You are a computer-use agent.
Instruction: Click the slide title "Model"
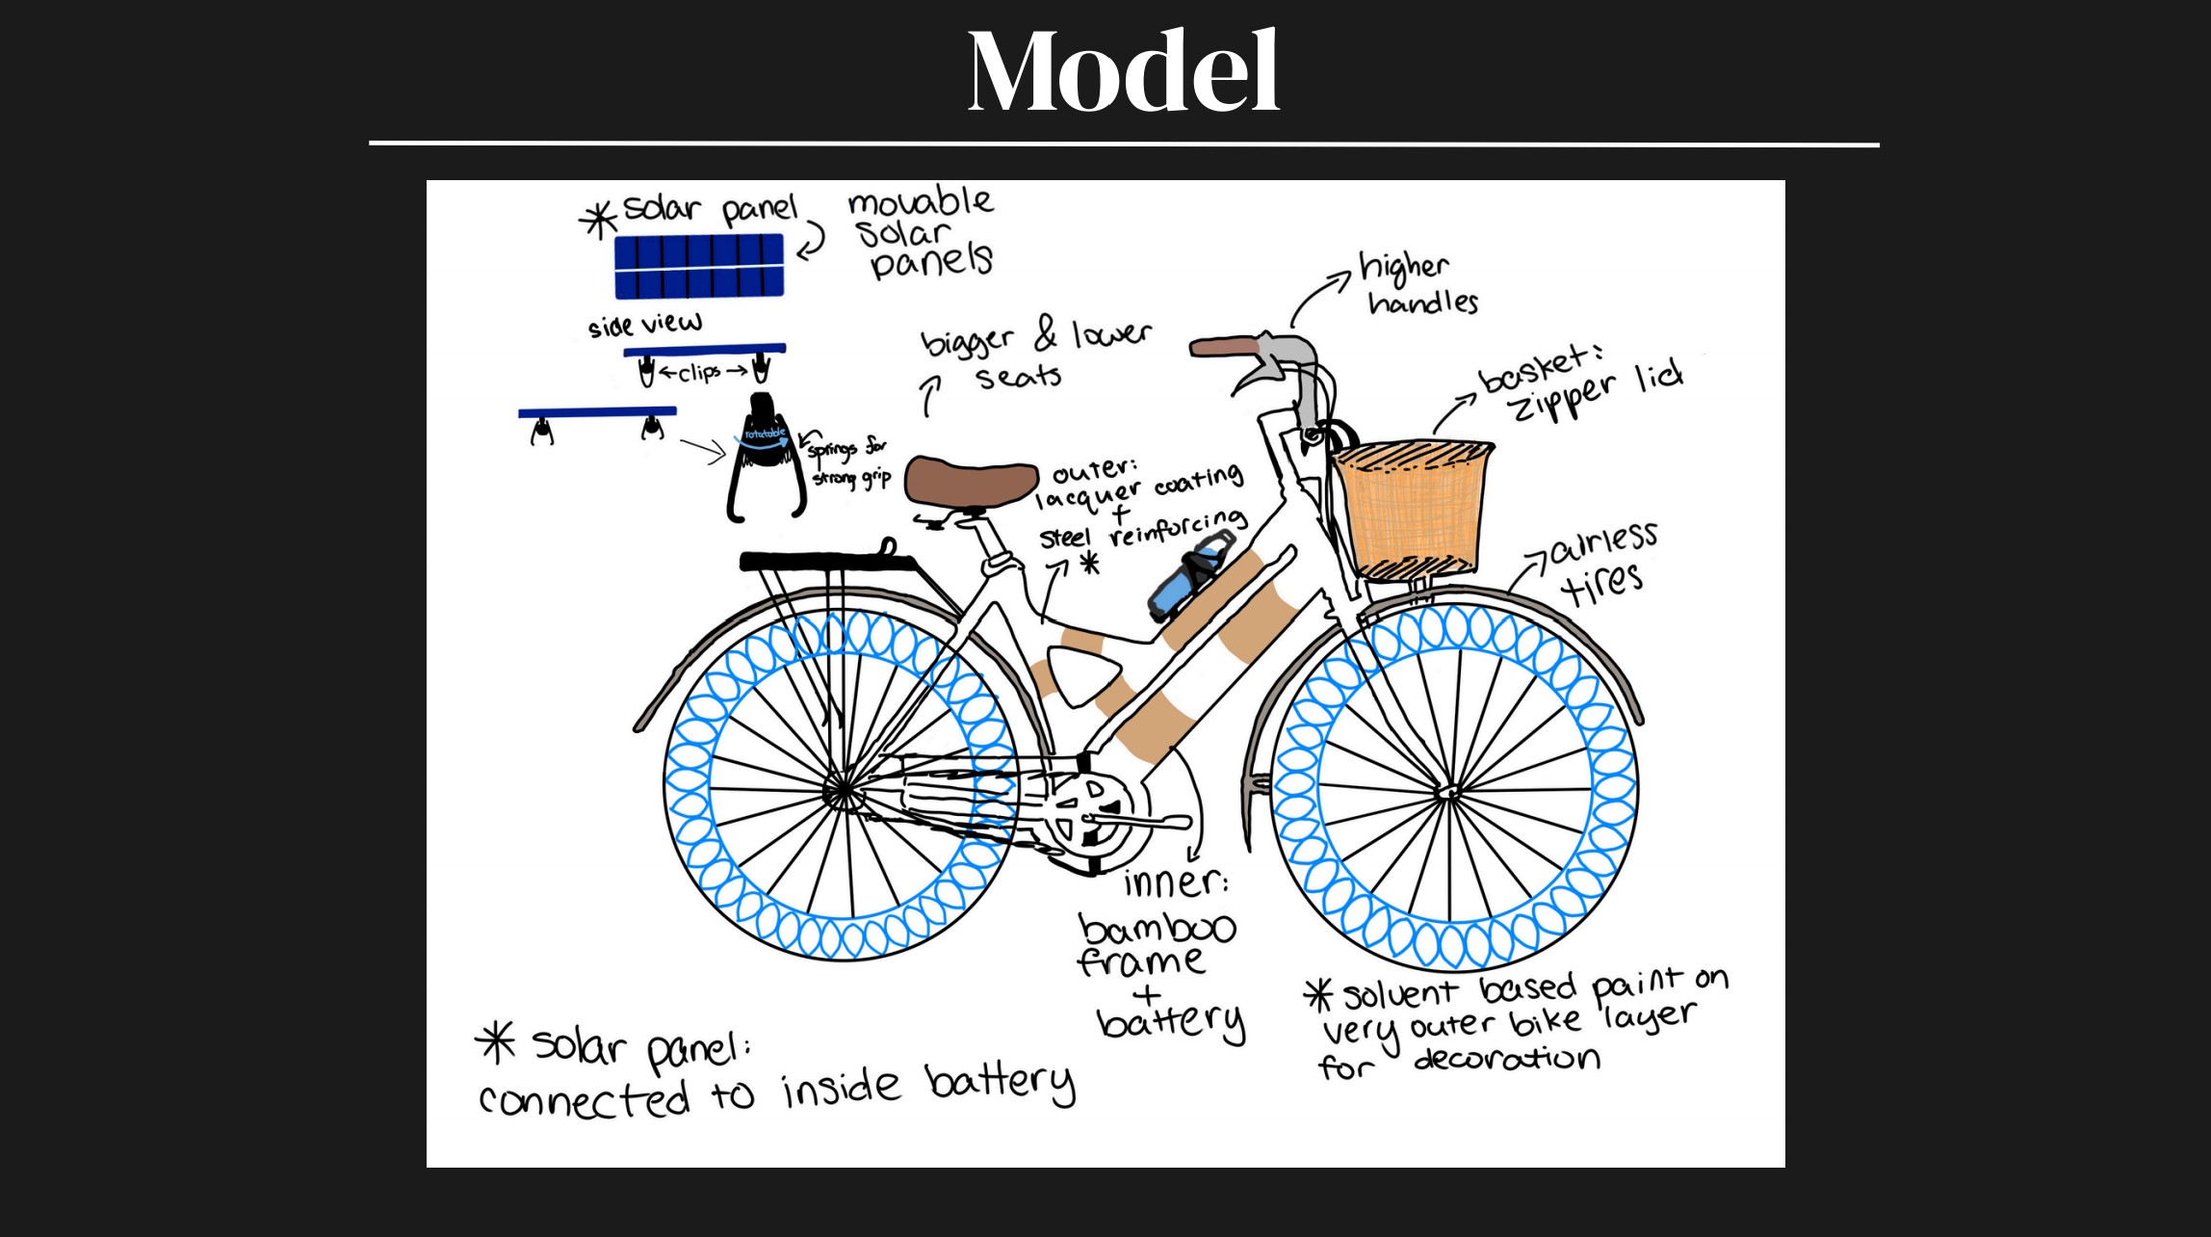point(1123,72)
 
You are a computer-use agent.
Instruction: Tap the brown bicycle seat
point(971,481)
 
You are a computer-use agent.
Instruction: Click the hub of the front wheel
point(1447,793)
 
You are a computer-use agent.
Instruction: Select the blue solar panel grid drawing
point(699,266)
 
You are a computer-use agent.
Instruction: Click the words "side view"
point(645,324)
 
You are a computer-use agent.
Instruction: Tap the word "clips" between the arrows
point(699,372)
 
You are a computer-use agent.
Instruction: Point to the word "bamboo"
point(1157,928)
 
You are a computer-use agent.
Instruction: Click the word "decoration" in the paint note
point(1507,1060)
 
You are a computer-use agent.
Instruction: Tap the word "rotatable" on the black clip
point(765,434)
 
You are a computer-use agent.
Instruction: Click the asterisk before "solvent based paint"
point(1318,995)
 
